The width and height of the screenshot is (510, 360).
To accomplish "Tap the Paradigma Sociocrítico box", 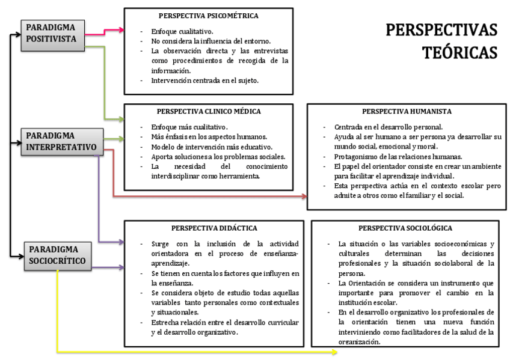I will (59, 254).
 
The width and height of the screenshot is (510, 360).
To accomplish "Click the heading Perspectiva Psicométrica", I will (208, 16).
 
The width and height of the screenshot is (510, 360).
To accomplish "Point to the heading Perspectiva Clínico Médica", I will (209, 111).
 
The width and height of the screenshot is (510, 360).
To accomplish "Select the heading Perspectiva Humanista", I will (407, 111).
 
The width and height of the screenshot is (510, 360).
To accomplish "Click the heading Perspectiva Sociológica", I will (405, 228).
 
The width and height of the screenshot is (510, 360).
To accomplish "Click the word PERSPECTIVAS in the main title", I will (441, 30).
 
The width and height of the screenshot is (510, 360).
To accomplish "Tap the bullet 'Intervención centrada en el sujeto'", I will (205, 81).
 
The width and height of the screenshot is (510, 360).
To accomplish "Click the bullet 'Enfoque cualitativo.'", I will (182, 31).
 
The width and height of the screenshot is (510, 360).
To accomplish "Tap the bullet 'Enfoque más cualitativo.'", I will (189, 127).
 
